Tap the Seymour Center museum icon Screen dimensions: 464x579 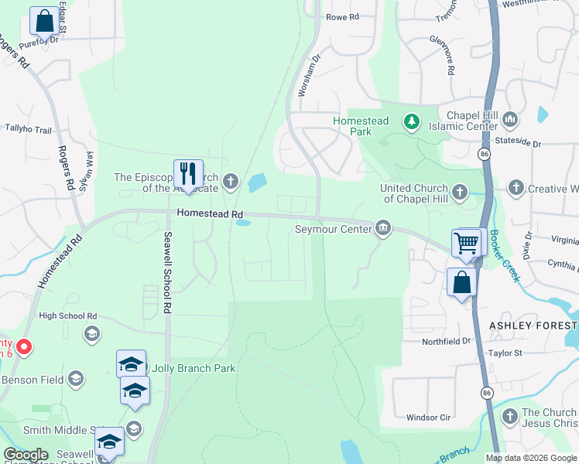pos(382,228)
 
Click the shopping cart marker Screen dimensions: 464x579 pos(467,243)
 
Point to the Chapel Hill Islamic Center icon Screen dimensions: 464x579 pos(509,121)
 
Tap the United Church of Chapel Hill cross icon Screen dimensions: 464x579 pos(460,190)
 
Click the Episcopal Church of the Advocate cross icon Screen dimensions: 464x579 pos(230,183)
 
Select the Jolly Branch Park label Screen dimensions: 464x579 pos(194,368)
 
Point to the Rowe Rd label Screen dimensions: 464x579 pos(343,17)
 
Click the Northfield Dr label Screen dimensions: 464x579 pos(447,341)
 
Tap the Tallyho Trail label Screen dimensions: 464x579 pos(28,128)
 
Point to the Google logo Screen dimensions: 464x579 pos(26,455)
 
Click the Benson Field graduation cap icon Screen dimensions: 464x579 pos(76,379)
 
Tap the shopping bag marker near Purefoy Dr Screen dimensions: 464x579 pos(44,22)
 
